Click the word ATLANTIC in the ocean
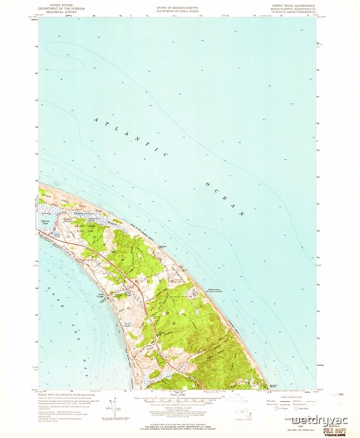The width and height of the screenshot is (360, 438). coord(131,137)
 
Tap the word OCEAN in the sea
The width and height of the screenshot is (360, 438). coord(224,198)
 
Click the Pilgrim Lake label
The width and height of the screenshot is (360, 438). coord(46,219)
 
